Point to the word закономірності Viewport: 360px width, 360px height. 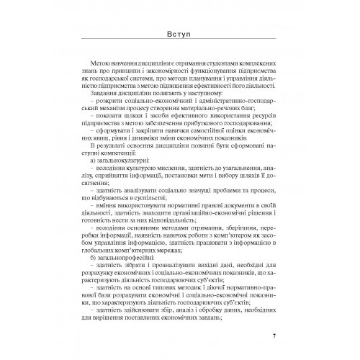click(x=160, y=74)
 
